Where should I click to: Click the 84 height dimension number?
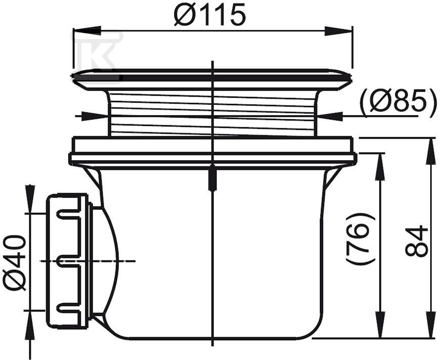pos(417,241)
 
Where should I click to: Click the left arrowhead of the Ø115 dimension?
pos(84,31)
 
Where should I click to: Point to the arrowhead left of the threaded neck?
pos(99,116)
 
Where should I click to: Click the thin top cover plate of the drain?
pos(212,76)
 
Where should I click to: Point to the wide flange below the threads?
pos(212,152)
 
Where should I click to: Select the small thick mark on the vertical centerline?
pos(213,179)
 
